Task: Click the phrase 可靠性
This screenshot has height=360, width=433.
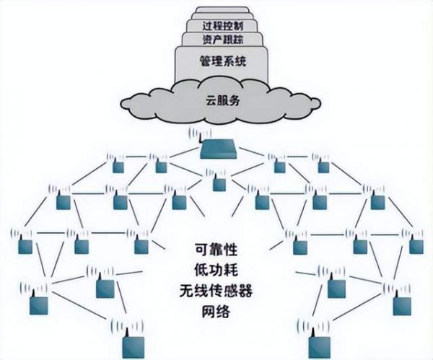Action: point(216,250)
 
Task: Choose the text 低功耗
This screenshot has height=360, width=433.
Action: point(216,271)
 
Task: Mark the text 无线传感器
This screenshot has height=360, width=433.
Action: point(216,292)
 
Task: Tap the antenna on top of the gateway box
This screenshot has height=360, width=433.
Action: point(201,134)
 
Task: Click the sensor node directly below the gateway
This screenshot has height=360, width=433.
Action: point(219,184)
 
